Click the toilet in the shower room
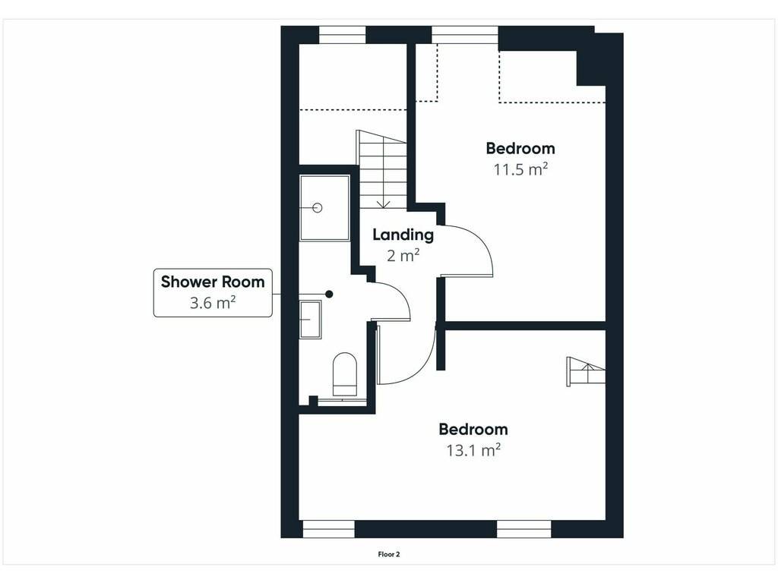click(x=344, y=374)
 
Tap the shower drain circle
click(x=318, y=208)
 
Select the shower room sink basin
click(x=310, y=320)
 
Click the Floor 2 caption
click(x=388, y=554)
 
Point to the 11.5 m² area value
click(x=520, y=169)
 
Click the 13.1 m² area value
click(x=473, y=450)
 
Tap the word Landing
click(x=403, y=235)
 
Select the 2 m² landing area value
click(x=403, y=255)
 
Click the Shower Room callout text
click(x=213, y=282)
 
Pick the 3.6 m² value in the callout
click(x=213, y=302)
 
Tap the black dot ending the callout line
click(x=329, y=294)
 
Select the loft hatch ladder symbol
click(x=586, y=370)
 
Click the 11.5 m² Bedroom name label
click(x=520, y=148)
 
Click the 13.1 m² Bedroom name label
click(x=473, y=429)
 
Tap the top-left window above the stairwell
click(x=342, y=35)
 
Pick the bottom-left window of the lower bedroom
click(x=328, y=529)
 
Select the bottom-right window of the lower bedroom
click(x=524, y=529)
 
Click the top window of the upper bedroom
click(x=464, y=35)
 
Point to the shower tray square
click(x=324, y=208)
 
